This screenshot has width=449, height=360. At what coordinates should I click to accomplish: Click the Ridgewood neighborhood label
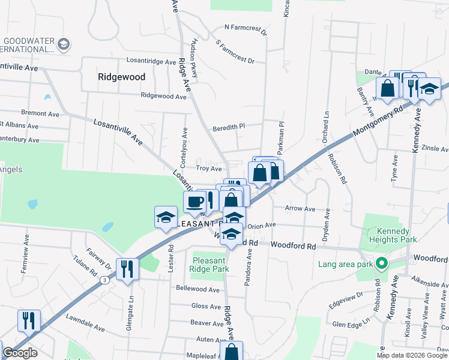click(121, 77)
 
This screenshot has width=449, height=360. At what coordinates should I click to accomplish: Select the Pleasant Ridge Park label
click(211, 265)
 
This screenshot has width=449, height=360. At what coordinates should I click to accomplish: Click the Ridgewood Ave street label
click(163, 96)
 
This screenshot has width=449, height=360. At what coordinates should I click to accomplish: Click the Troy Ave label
click(209, 169)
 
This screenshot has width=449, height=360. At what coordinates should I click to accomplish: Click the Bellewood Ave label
click(197, 289)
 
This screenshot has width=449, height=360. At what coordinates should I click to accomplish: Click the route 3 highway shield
click(105, 280)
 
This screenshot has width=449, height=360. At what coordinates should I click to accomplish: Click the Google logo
click(20, 353)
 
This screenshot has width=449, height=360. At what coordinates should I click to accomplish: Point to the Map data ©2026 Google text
click(412, 355)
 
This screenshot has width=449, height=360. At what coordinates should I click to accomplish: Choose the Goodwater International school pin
click(64, 43)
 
